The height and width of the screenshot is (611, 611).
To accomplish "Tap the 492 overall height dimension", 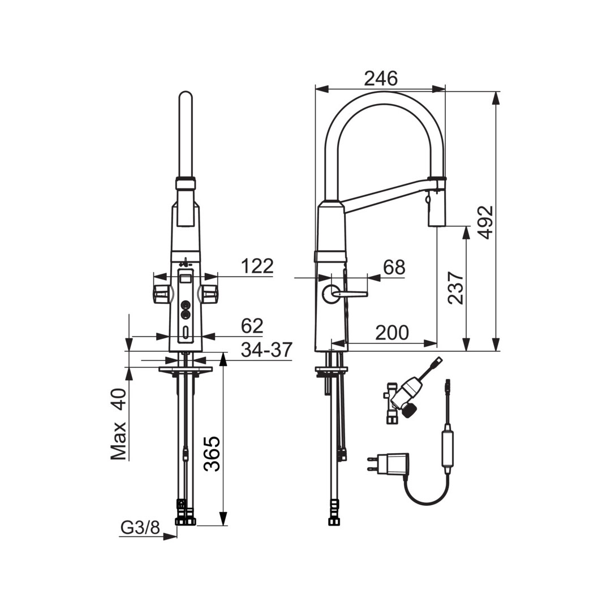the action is tap(485, 222).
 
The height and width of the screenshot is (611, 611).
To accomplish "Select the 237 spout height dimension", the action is tap(456, 287).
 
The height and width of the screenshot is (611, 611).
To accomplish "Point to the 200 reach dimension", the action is tap(392, 333).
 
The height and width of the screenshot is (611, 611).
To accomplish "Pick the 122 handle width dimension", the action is tap(257, 266).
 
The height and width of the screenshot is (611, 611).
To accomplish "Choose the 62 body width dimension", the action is tap(252, 326).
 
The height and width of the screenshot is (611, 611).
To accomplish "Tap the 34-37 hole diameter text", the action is tap(266, 350).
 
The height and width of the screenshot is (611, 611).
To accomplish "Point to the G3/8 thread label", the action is tap(140, 528).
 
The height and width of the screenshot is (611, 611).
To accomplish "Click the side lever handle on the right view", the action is tap(346, 293).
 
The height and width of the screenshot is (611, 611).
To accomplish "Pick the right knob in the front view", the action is tap(208, 292).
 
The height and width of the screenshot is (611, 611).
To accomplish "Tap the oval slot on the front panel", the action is tap(186, 333).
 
